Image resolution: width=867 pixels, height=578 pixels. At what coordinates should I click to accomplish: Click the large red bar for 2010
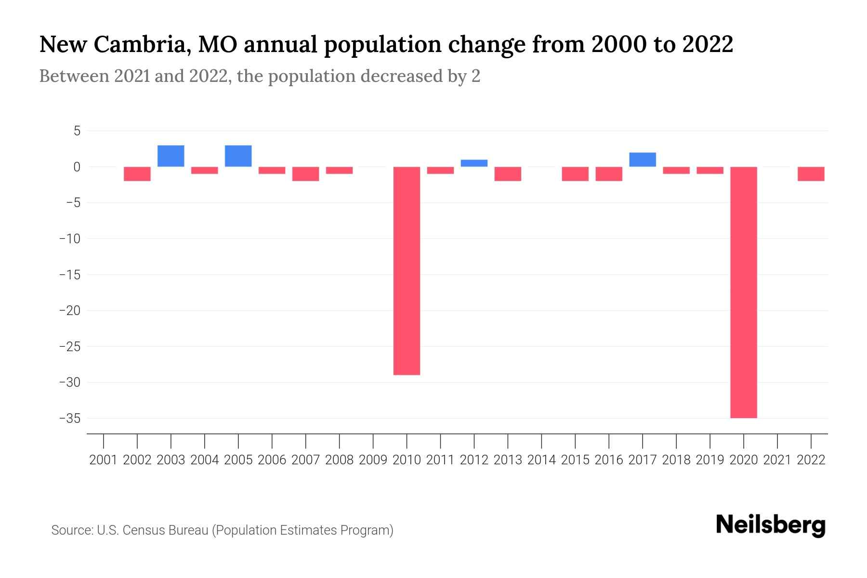[x=407, y=271]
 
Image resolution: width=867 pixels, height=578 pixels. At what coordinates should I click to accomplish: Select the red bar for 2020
[x=744, y=292]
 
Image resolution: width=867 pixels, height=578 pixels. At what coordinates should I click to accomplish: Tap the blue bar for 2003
[x=171, y=156]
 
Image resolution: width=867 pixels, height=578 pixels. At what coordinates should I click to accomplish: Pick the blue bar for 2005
[x=238, y=156]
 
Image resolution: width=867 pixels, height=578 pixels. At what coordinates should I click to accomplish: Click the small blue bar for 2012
[x=474, y=163]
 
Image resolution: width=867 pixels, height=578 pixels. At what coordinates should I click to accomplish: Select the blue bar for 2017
[x=643, y=160]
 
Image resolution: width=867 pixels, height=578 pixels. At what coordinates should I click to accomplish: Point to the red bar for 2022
[x=811, y=174]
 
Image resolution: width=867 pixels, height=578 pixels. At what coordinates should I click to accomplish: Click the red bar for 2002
[x=137, y=174]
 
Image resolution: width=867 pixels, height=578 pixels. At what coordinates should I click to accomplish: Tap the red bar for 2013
[x=508, y=174]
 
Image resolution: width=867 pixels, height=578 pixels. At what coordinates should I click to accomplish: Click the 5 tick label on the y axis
[x=77, y=131]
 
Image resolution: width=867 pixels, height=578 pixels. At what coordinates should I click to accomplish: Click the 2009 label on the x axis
[x=373, y=460]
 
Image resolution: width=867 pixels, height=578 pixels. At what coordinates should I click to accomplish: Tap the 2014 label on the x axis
[x=541, y=460]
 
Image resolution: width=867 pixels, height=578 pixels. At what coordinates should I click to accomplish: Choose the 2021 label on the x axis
[x=777, y=460]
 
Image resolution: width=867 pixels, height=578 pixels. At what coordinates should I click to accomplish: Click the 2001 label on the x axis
[x=104, y=460]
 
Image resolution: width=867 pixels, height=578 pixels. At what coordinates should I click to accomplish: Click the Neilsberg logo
[x=771, y=525]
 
